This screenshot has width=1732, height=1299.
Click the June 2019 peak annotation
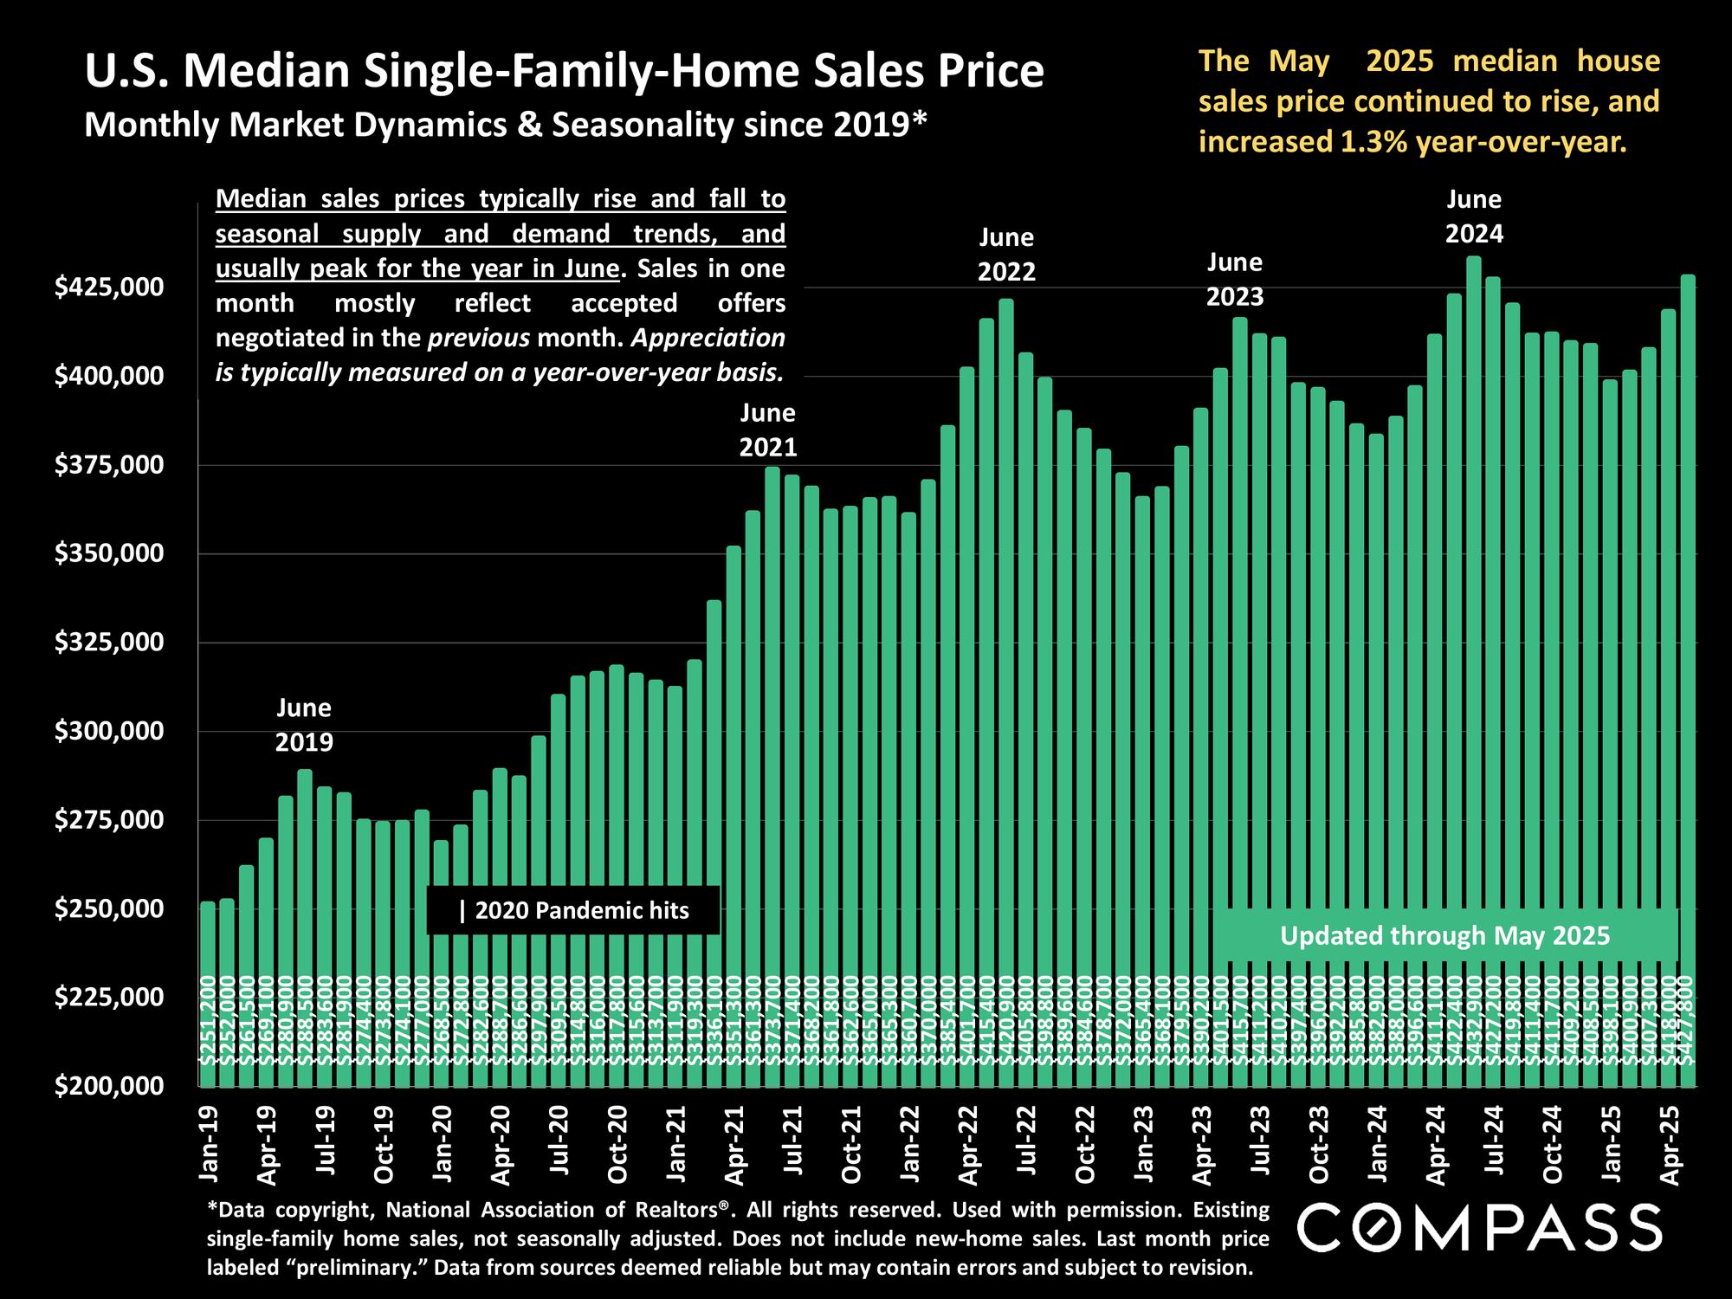(x=304, y=725)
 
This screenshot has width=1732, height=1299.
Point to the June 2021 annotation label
(x=767, y=430)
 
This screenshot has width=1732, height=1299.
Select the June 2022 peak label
(x=1006, y=255)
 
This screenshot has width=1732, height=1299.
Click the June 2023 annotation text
(x=1235, y=279)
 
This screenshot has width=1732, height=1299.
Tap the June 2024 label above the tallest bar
(x=1474, y=216)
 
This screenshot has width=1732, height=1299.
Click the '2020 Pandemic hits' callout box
(x=573, y=910)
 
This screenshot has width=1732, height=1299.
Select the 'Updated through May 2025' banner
(x=1444, y=935)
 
